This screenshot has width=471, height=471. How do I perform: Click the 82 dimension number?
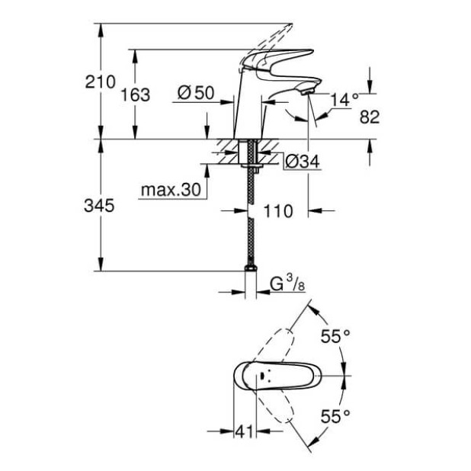[x=369, y=116]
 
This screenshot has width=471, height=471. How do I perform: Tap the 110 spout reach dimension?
[x=278, y=211]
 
